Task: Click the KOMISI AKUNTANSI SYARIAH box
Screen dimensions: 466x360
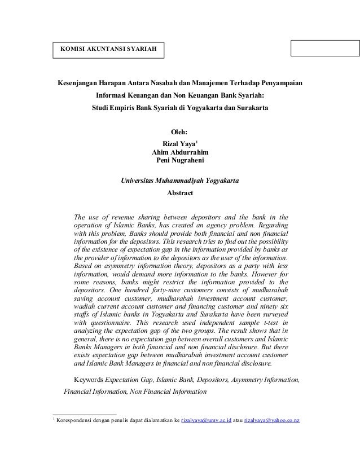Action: click(x=106, y=50)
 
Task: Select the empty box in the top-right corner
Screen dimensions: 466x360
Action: click(x=324, y=49)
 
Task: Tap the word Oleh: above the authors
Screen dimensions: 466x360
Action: click(x=179, y=133)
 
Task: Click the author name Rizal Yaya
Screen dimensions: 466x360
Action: click(x=178, y=143)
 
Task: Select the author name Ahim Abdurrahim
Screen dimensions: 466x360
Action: click(x=179, y=152)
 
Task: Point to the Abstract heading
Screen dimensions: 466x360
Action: click(x=180, y=193)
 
